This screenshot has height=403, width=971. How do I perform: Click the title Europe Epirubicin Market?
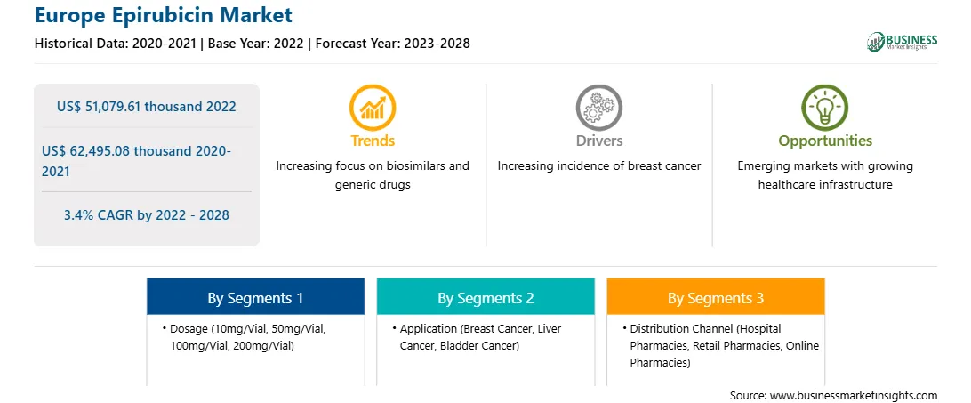click(x=164, y=15)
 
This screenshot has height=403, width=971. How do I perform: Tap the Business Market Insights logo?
click(x=903, y=42)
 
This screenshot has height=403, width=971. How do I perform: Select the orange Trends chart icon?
click(x=373, y=107)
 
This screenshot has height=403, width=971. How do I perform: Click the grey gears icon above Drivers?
click(x=598, y=107)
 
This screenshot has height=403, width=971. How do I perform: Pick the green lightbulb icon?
click(x=825, y=107)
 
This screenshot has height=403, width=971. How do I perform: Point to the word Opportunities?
click(x=825, y=141)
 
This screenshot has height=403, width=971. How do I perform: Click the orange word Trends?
click(x=373, y=141)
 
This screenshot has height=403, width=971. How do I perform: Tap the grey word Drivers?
click(x=598, y=141)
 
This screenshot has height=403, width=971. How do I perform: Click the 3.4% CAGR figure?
click(x=146, y=215)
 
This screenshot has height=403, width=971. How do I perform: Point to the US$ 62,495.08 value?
click(x=103, y=150)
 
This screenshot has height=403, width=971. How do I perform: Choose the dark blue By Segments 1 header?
click(x=255, y=298)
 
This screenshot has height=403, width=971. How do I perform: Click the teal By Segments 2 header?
click(x=485, y=298)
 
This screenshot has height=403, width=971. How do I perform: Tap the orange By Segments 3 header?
click(x=715, y=298)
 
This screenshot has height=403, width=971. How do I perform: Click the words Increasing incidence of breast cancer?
click(x=598, y=165)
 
